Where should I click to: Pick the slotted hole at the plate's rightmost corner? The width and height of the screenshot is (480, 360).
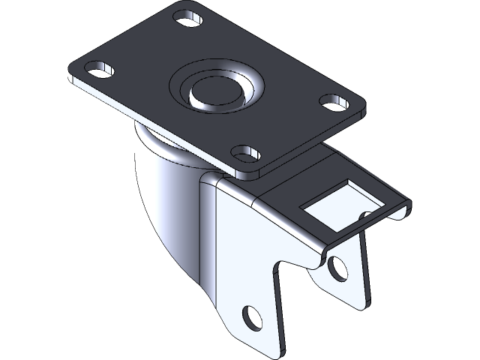tap(329, 99)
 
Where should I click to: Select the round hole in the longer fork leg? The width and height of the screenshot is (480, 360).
tap(253, 316)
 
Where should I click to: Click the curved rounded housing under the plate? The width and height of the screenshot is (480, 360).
tap(165, 195)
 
